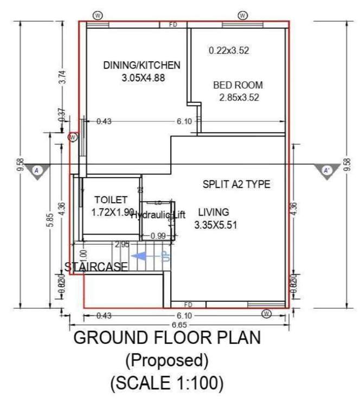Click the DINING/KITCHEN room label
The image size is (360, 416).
point(142,66)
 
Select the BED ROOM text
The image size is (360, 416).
point(238,85)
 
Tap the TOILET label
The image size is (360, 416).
point(111,199)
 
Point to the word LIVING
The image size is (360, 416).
point(213,212)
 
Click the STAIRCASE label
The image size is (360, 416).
point(96,266)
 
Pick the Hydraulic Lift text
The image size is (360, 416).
point(158,215)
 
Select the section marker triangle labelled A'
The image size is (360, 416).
point(326,171)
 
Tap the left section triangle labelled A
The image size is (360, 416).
point(37,171)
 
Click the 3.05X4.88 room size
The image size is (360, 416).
point(143,78)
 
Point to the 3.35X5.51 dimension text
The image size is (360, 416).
point(216,224)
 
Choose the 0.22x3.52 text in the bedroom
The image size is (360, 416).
point(229,51)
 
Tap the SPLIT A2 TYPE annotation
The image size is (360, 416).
point(236,185)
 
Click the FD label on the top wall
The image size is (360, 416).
point(173,24)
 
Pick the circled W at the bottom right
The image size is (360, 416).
point(266,314)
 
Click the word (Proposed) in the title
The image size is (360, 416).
point(166,360)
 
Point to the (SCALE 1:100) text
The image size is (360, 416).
point(166,383)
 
